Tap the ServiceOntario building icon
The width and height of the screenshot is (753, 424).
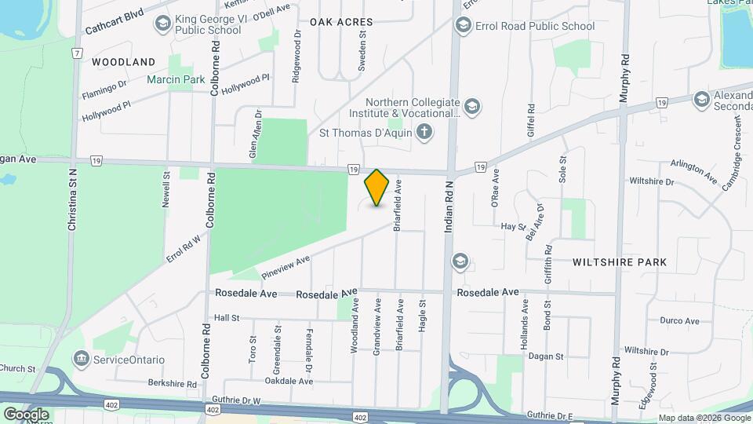tap(81, 360)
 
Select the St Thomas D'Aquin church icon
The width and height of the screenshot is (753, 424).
tap(424, 131)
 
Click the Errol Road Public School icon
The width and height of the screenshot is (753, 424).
tap(463, 26)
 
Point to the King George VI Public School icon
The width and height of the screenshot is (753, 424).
tap(163, 24)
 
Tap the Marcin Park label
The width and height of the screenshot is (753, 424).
tap(176, 79)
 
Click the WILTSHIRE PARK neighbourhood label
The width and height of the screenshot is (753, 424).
tap(620, 262)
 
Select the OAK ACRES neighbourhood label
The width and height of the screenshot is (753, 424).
tap(341, 22)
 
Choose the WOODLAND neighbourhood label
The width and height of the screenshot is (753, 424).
tap(123, 61)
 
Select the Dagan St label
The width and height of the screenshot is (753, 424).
tap(547, 356)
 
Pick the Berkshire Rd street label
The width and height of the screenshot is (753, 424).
tap(172, 383)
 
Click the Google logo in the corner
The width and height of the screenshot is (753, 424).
tap(26, 414)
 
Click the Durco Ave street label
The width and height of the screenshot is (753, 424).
tap(679, 321)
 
